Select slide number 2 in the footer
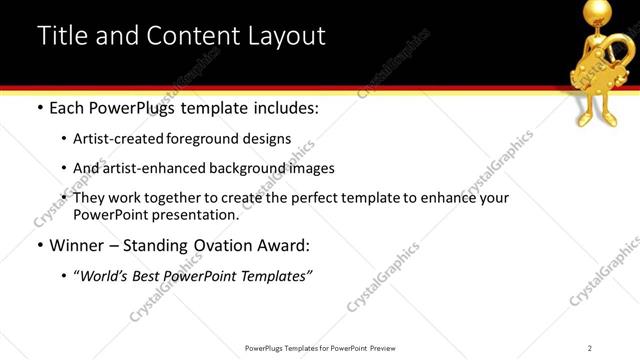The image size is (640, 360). pyautogui.click(x=590, y=348)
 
